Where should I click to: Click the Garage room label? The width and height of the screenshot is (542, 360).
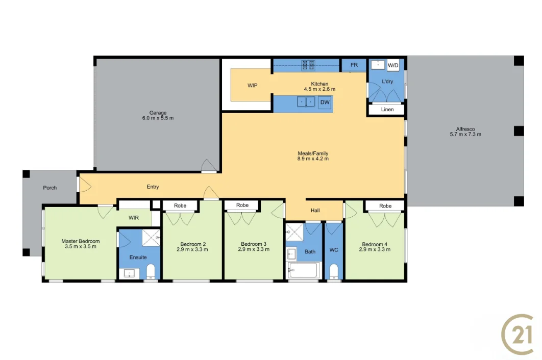pyautogui.click(x=158, y=113)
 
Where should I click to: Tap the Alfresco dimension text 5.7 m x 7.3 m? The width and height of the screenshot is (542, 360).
pyautogui.click(x=465, y=135)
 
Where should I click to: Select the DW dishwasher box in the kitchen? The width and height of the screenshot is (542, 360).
pyautogui.click(x=325, y=102)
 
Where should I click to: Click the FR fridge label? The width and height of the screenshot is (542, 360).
pyautogui.click(x=354, y=65)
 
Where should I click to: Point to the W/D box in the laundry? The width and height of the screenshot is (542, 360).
pyautogui.click(x=393, y=65)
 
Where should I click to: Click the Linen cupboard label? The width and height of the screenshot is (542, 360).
pyautogui.click(x=387, y=110)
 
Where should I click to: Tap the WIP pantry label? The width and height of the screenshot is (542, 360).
pyautogui.click(x=252, y=85)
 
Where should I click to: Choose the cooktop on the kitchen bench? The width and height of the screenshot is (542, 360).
pyautogui.click(x=308, y=65)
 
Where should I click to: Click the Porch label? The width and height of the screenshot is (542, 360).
pyautogui.click(x=50, y=188)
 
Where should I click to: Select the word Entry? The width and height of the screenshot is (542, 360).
pyautogui.click(x=153, y=187)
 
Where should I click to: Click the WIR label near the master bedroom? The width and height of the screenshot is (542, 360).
pyautogui.click(x=134, y=218)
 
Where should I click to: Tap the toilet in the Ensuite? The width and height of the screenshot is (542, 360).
pyautogui.click(x=151, y=271)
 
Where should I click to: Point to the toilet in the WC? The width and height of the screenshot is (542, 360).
pyautogui.click(x=334, y=271)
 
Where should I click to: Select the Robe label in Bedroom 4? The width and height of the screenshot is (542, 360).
pyautogui.click(x=385, y=206)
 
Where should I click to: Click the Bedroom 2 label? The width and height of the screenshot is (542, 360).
pyautogui.click(x=193, y=244)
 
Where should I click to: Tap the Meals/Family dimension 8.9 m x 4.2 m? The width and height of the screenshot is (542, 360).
pyautogui.click(x=313, y=159)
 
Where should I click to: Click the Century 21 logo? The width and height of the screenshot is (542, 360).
pyautogui.click(x=518, y=334)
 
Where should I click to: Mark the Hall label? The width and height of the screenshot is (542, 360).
pyautogui.click(x=315, y=211)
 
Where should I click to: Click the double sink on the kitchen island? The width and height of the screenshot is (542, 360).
pyautogui.click(x=306, y=102)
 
